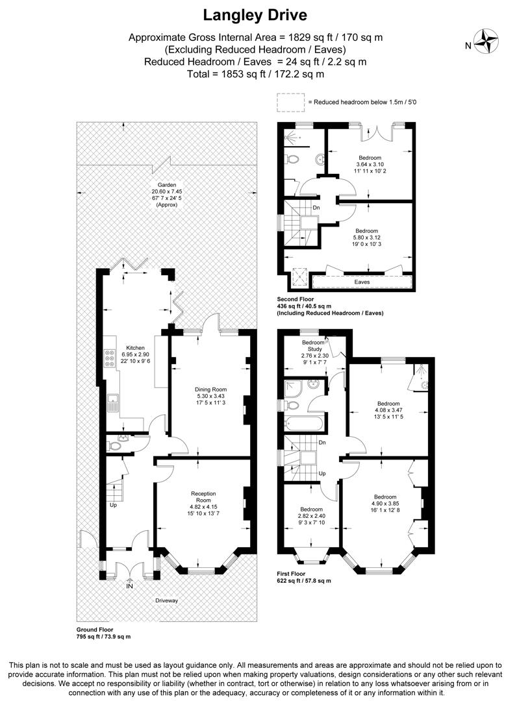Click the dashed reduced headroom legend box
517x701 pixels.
(290, 102)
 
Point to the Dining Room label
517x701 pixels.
(211, 390)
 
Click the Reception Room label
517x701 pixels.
(203, 497)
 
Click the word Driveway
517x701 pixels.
(166, 600)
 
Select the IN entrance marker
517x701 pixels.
(129, 585)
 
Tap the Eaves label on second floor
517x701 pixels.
(362, 282)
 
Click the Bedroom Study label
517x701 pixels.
(312, 347)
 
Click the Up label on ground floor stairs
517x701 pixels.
(114, 504)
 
